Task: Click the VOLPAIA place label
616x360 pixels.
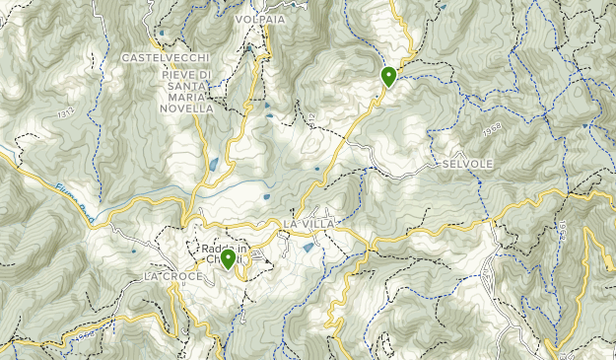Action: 260,19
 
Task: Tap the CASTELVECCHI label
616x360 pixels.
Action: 166,58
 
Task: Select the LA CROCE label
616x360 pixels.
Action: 172,276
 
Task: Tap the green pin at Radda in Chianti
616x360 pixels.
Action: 228,259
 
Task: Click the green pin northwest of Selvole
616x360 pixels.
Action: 388,75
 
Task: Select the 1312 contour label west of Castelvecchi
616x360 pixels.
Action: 66,114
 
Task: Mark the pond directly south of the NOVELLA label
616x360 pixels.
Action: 214,164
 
